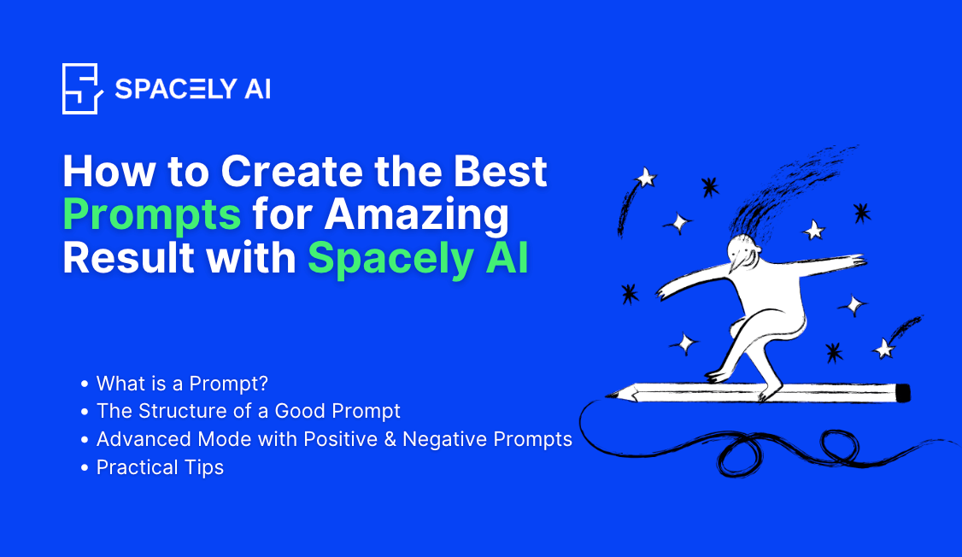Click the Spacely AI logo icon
coord(83,88)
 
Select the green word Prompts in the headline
coord(152,215)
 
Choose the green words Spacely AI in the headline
coord(418,258)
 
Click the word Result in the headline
coord(116,258)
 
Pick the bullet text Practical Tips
coord(160,467)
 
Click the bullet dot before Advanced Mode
coord(85,440)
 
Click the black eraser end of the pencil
coord(903,392)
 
